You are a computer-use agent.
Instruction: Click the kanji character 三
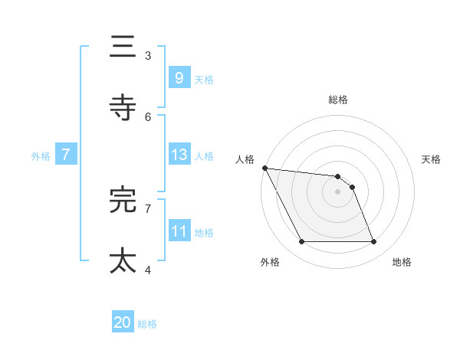coord(123,47)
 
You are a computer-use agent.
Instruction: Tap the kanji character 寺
coord(123,108)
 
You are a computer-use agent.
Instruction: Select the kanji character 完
coord(123,200)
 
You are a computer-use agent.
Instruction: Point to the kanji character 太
coord(123,260)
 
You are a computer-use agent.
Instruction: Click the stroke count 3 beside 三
coord(148,55)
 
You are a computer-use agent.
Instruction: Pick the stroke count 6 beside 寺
coord(148,116)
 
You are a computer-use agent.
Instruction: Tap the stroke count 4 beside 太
coord(148,270)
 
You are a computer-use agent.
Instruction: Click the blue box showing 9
coord(179,77)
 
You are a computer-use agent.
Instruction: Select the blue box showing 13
coord(179,155)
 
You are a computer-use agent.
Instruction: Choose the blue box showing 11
coord(179,231)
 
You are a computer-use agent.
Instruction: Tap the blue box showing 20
coord(123,322)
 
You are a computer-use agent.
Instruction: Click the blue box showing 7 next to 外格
coord(66,155)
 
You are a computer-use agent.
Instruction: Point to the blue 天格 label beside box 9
coord(204,79)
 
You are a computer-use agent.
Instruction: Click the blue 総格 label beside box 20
coord(147,324)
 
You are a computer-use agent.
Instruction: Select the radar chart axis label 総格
coord(338,100)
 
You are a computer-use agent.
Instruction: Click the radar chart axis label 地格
coord(402,262)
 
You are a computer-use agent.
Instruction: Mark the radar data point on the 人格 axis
coord(264,168)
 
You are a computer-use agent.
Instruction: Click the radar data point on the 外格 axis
coord(301,242)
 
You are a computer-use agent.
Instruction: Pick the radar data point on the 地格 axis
coord(374,242)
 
